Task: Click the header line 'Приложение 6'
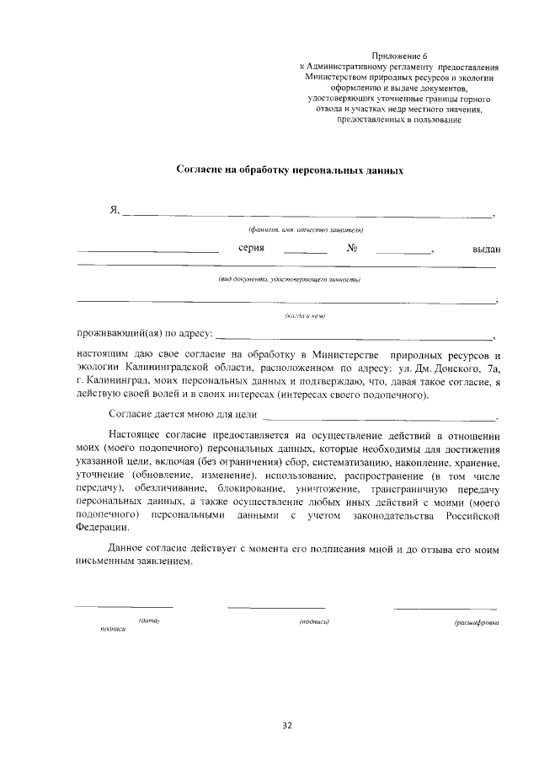point(399,54)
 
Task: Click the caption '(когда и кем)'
point(305,315)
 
